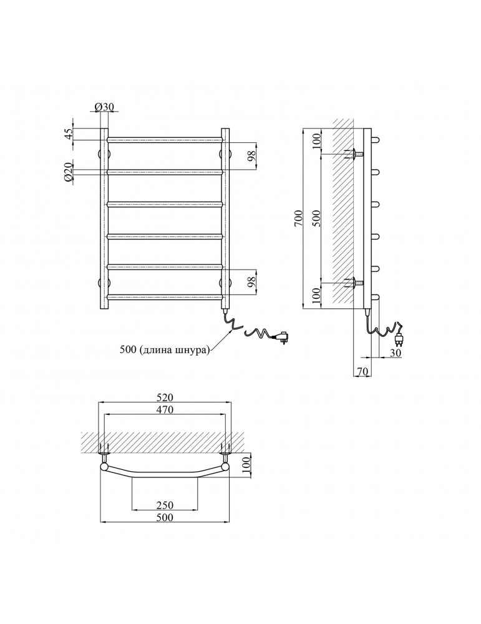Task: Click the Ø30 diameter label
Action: tap(105, 107)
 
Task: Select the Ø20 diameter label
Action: tap(68, 172)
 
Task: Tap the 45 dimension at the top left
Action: tap(69, 134)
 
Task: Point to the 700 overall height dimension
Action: tap(298, 218)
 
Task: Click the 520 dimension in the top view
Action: tap(165, 397)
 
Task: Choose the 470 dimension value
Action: tap(165, 409)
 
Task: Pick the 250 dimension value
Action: tap(165, 505)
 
